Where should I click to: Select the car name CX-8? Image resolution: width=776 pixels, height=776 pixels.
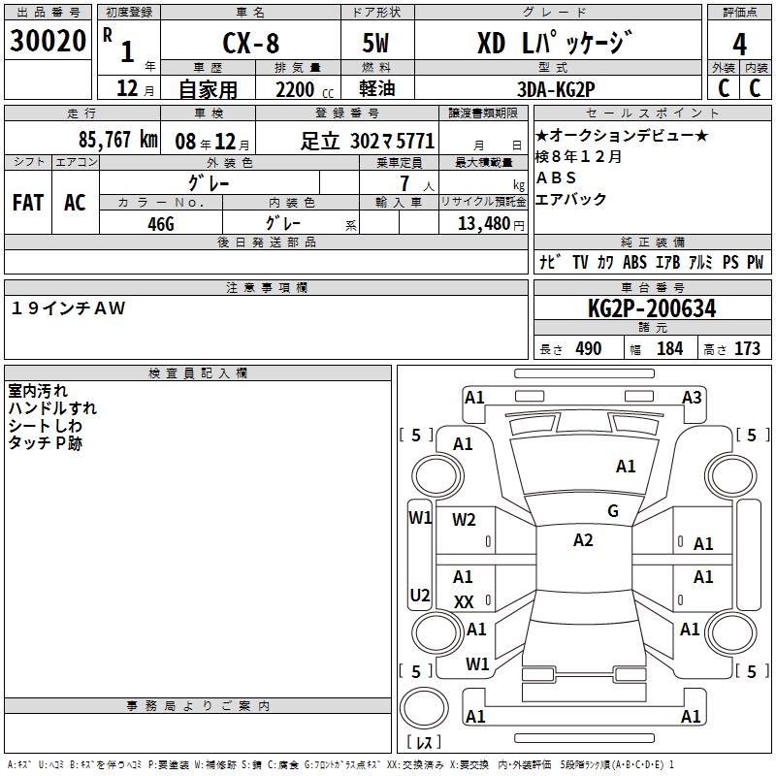tap(248, 44)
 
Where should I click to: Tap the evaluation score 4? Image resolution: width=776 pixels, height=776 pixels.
tap(739, 45)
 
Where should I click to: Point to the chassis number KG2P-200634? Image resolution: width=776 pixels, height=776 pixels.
tap(652, 309)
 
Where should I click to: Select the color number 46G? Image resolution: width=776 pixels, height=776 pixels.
tap(161, 222)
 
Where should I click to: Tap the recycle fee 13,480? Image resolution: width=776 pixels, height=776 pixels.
tap(483, 223)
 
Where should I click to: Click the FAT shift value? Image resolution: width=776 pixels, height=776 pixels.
tap(28, 203)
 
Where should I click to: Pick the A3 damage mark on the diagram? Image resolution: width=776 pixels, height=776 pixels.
tap(692, 397)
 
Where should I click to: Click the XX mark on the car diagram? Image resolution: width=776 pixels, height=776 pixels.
tap(464, 602)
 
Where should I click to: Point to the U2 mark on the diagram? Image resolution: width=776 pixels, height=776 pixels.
tap(419, 595)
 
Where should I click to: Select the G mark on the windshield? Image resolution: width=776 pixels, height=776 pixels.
tap(612, 511)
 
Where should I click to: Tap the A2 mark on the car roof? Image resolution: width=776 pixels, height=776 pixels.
tap(583, 540)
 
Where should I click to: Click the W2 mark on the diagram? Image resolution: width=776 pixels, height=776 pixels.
tap(464, 520)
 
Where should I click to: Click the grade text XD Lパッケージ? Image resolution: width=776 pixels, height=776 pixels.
tap(555, 44)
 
